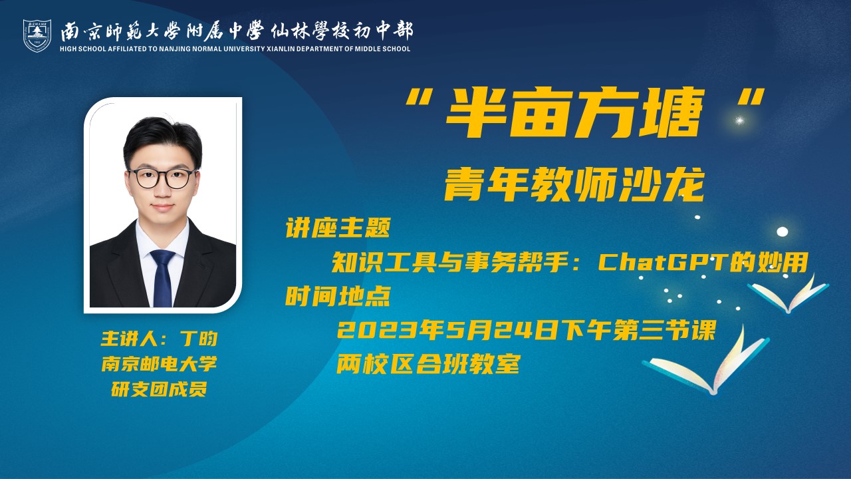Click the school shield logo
coord(37,35)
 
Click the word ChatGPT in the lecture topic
coord(663,262)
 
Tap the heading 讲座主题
coord(338,228)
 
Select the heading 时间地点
coord(338,297)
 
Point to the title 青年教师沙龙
coord(574,186)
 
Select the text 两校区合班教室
coord(427,364)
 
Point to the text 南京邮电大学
coord(159,364)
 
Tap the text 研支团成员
coord(159,389)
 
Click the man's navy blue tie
coord(163,277)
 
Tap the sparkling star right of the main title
coord(740,121)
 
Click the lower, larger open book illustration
coord(706,364)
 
